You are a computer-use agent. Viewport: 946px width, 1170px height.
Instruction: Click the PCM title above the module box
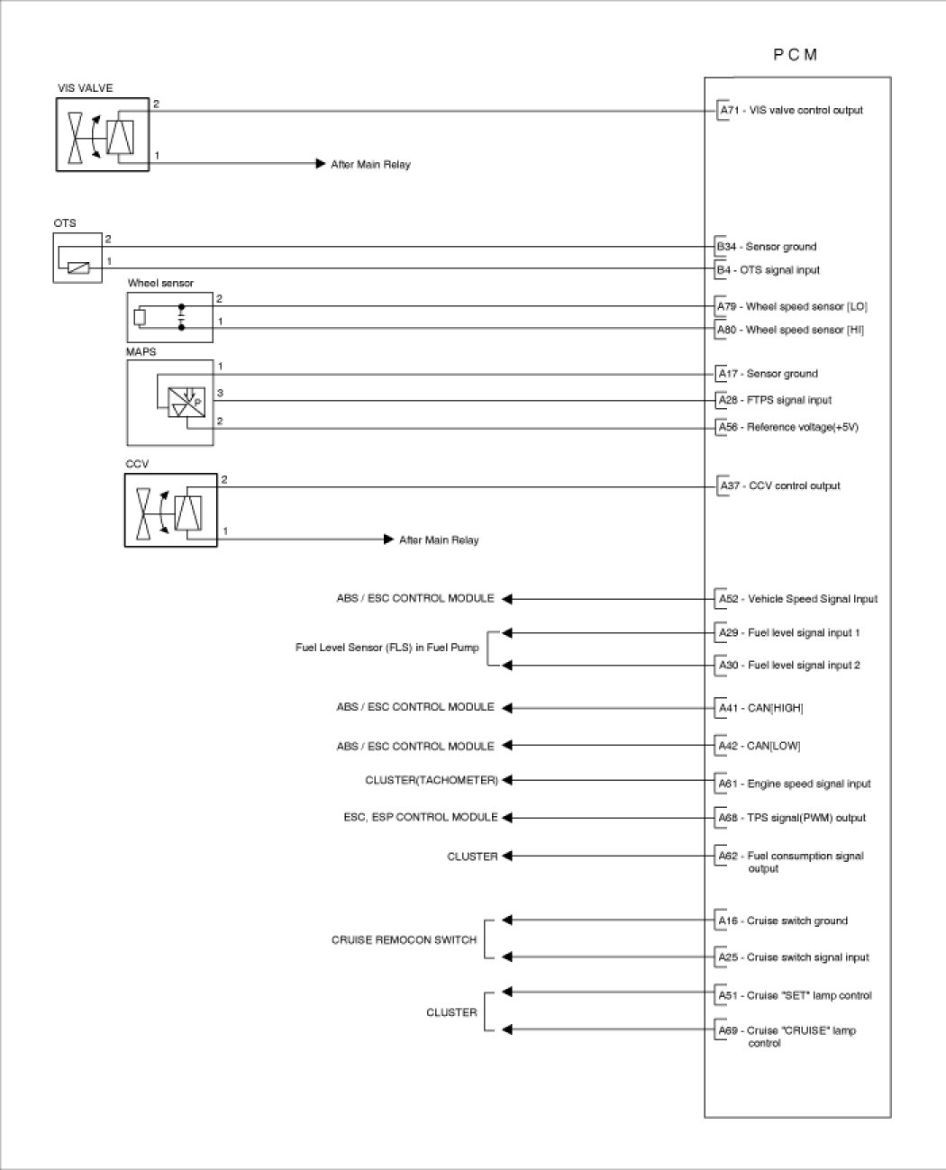click(x=796, y=55)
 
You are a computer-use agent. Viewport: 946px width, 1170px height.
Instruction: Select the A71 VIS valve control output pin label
click(x=791, y=111)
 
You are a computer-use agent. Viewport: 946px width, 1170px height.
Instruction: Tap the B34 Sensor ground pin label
click(x=767, y=247)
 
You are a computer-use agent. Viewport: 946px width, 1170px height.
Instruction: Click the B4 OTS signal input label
click(x=769, y=270)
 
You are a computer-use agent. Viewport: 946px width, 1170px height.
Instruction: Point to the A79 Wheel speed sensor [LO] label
click(x=792, y=307)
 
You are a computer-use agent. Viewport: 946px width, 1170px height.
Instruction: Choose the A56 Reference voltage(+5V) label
click(x=787, y=428)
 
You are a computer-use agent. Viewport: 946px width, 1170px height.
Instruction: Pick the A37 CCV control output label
click(x=779, y=486)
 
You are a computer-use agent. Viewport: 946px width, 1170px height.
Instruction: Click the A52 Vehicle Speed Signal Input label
click(x=797, y=599)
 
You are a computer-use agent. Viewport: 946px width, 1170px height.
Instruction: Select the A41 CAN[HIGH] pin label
click(x=760, y=709)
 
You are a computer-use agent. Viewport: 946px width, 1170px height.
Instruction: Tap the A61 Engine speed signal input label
click(x=794, y=785)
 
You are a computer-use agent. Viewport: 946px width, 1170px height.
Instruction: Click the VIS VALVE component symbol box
click(x=103, y=134)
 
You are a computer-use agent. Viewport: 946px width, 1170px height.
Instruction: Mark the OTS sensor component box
click(x=77, y=257)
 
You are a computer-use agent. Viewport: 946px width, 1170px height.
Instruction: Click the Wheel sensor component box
click(x=170, y=317)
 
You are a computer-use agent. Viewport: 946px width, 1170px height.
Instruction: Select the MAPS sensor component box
click(x=170, y=403)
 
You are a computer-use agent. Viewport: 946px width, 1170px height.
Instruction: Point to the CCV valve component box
click(x=171, y=511)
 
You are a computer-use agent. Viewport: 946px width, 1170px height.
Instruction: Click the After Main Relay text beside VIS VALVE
click(x=370, y=165)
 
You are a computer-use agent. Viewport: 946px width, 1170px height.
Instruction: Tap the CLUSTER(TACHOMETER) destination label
click(x=432, y=780)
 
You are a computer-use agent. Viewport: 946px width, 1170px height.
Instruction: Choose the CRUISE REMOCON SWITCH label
click(x=404, y=939)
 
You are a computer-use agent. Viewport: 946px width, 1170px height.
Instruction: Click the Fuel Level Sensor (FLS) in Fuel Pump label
click(x=387, y=648)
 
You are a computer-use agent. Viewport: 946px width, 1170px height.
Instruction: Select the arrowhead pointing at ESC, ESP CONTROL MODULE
click(x=506, y=818)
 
